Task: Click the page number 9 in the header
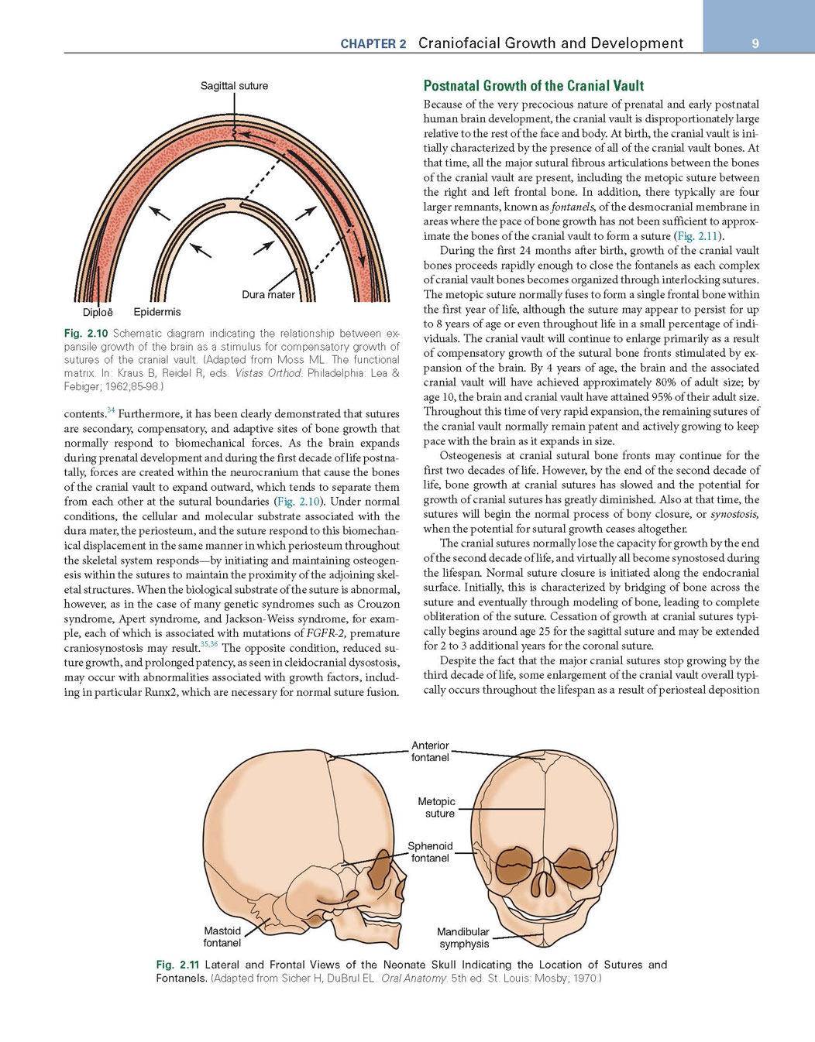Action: [x=755, y=44]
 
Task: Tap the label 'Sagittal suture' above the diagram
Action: [x=234, y=86]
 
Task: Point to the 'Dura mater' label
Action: [x=268, y=294]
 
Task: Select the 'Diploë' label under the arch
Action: [x=98, y=312]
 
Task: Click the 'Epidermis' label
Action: [x=157, y=312]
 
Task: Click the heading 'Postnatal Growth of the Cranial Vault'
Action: [x=534, y=86]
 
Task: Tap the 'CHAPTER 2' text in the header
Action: [x=373, y=44]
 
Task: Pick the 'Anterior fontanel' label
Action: [x=430, y=751]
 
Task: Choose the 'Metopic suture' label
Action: [x=437, y=807]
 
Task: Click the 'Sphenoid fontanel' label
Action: [x=430, y=852]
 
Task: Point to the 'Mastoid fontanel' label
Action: [x=222, y=937]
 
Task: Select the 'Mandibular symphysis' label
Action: [x=463, y=937]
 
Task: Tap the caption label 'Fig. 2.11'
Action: [x=177, y=965]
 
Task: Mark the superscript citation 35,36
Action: [x=209, y=644]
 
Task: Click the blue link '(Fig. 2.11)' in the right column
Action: [x=697, y=236]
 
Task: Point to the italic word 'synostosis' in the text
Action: [x=734, y=514]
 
